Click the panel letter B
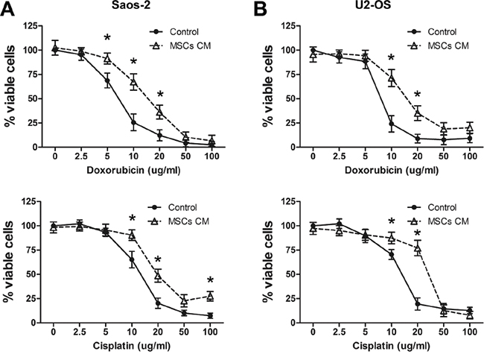coord(259,10)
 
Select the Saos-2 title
coord(131,9)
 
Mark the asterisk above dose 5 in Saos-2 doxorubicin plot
coord(107,39)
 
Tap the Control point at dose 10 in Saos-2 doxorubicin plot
coord(134,123)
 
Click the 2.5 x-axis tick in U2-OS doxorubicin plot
coord(340,157)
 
